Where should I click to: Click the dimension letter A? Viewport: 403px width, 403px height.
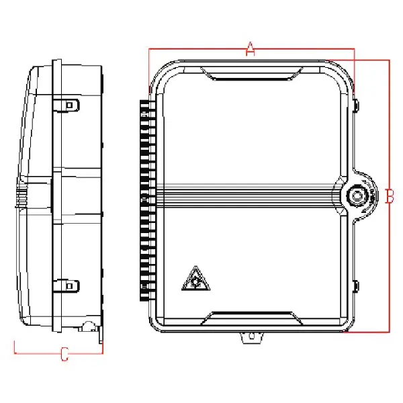pyautogui.click(x=250, y=48)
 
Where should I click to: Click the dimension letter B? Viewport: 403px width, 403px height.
pyautogui.click(x=389, y=196)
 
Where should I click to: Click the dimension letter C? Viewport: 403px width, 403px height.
pyautogui.click(x=64, y=354)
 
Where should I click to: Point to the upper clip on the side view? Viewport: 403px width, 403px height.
pyautogui.click(x=69, y=105)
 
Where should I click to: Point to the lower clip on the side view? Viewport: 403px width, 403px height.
pyautogui.click(x=69, y=285)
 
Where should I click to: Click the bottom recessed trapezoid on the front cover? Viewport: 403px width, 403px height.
pyautogui.click(x=250, y=316)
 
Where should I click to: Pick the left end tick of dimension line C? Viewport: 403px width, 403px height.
pyautogui.click(x=15, y=347)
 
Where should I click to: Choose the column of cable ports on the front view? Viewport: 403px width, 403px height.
pyautogui.click(x=144, y=195)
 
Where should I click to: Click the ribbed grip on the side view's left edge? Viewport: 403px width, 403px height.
pyautogui.click(x=21, y=196)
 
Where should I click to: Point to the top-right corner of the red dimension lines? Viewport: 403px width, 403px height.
pyautogui.click(x=389, y=60)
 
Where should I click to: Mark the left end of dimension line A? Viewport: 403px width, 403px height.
pyautogui.click(x=149, y=49)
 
